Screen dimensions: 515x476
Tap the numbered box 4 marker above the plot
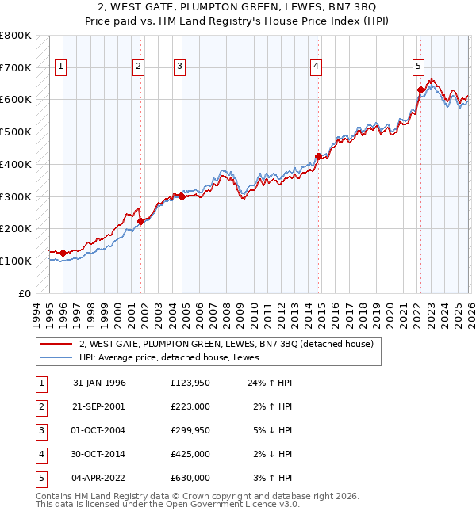[316, 67]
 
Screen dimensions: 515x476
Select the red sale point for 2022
[420, 90]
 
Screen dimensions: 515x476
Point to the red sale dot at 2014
[319, 156]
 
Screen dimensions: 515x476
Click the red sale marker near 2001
[141, 221]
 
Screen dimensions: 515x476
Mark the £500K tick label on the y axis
[16, 132]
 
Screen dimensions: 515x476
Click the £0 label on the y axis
[24, 293]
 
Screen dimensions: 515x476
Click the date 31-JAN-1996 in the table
[99, 383]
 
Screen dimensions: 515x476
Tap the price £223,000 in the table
[190, 406]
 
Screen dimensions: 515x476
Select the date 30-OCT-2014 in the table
[99, 454]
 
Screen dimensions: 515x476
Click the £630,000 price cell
[190, 478]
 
